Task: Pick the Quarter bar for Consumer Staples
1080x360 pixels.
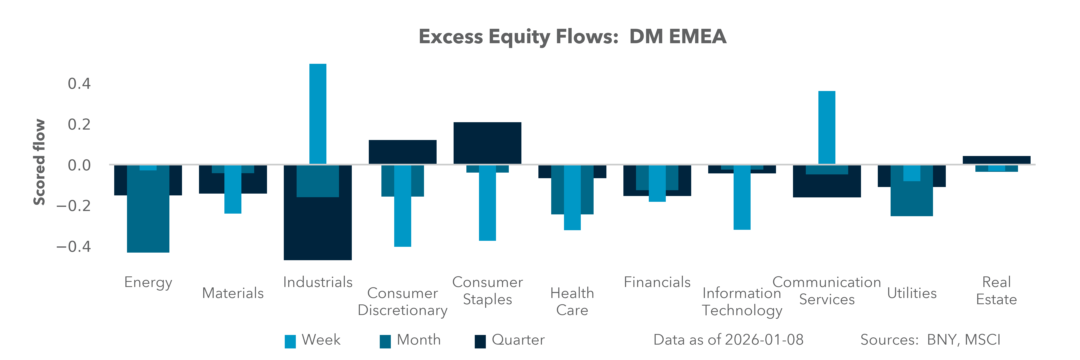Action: pos(487,142)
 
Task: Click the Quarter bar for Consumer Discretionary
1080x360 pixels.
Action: pos(402,152)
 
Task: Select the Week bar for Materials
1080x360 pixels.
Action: pos(233,191)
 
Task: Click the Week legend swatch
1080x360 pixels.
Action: pos(290,341)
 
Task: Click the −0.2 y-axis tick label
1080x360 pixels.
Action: pos(74,206)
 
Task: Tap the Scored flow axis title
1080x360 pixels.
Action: pos(39,162)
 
